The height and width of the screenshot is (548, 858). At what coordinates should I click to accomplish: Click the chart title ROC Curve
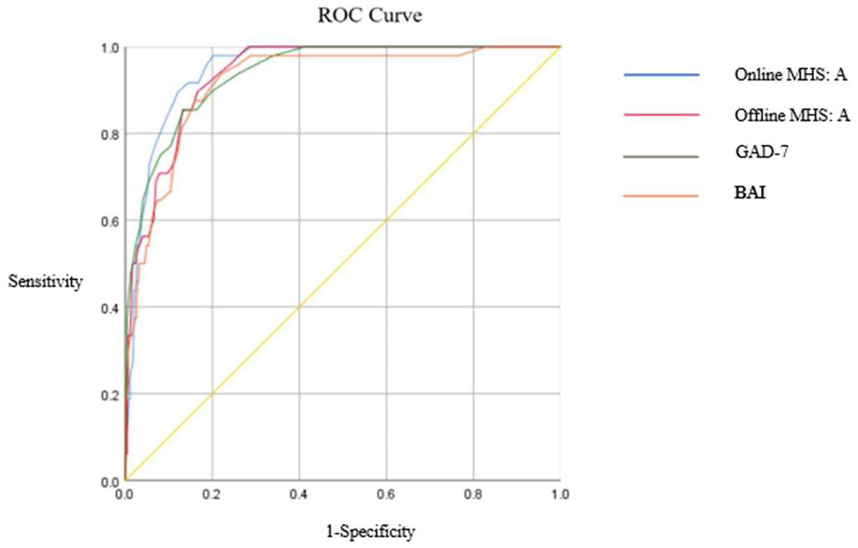pos(370,15)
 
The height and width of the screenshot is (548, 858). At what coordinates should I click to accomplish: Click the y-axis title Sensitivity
pos(45,281)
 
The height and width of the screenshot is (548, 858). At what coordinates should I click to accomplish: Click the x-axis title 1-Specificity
pos(370,531)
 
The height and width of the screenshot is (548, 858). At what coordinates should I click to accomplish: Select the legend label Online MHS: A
pos(790,75)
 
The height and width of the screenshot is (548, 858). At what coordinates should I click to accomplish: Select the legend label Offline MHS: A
pos(792,114)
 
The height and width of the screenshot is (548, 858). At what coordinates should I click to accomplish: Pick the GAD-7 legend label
pos(762,152)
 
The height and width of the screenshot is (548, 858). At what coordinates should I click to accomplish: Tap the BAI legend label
pos(750,193)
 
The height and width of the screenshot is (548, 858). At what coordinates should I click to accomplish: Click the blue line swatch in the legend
pos(661,75)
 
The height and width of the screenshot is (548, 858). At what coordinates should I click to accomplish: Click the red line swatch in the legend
pos(661,114)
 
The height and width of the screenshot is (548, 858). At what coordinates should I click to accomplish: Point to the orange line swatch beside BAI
pos(661,195)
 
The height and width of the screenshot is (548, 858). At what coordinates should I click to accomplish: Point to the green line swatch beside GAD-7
pos(661,156)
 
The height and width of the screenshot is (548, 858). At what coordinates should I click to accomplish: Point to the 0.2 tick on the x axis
pos(211,494)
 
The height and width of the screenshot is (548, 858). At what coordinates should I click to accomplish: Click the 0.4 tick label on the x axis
pos(299,494)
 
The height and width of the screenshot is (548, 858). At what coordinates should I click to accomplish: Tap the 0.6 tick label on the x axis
pos(386,494)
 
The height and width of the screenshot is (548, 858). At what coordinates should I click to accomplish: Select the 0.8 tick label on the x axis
pos(473,494)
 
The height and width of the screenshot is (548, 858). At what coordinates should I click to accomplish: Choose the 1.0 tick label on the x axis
pos(560,494)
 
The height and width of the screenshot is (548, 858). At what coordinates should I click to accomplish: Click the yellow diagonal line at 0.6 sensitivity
pos(386,221)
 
